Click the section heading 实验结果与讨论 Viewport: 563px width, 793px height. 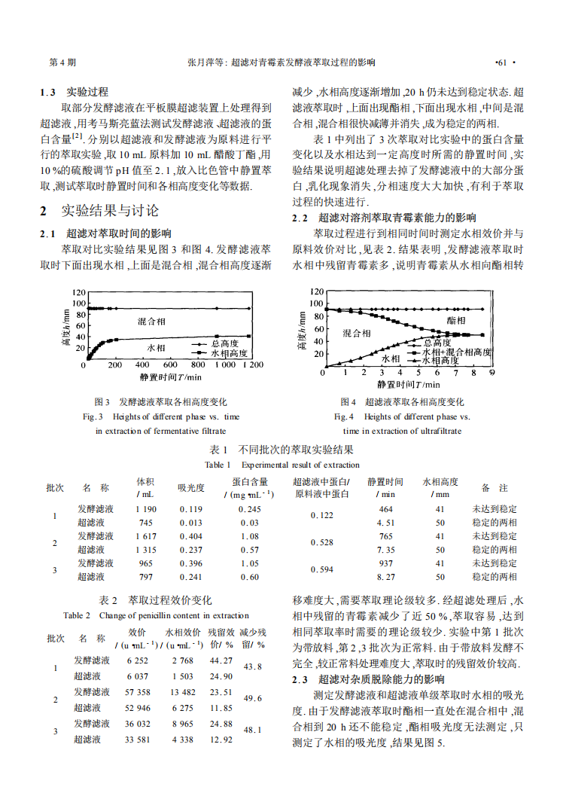point(110,211)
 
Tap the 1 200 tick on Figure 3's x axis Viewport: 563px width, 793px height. point(252,364)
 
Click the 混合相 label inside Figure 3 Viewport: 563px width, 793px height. point(151,321)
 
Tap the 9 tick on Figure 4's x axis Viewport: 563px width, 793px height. point(492,371)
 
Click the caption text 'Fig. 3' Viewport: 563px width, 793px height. point(93,416)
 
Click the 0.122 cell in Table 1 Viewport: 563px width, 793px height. point(321,516)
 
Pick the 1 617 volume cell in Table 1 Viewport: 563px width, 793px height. point(146,536)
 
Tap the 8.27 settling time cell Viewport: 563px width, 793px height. point(385,577)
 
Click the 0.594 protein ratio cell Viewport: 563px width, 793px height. point(321,570)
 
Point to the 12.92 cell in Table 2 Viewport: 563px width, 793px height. point(221,740)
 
